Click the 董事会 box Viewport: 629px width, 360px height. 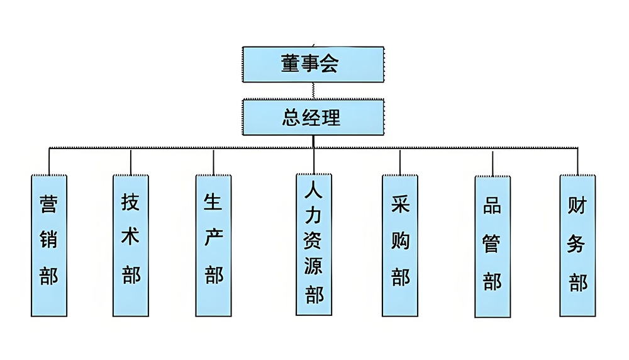coord(313,64)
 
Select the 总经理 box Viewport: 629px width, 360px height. coord(313,117)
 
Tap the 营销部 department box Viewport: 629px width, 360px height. coord(49,245)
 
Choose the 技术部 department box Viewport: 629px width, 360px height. coord(131,245)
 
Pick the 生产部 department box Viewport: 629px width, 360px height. coord(213,245)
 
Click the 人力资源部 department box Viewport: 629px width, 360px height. coord(314,244)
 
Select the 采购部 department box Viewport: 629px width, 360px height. coord(400,245)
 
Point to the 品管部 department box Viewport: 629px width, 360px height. coord(493,247)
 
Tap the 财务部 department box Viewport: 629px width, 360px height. coord(577,245)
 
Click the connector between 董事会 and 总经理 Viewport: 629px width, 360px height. coord(313,91)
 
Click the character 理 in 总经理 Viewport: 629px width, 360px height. coord(331,118)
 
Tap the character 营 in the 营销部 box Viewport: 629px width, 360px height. coord(48,204)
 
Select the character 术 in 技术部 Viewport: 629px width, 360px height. coord(130,236)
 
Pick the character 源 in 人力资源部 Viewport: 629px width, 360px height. coord(313,266)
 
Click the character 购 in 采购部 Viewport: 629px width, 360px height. coord(400,240)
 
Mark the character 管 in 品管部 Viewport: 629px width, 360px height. coord(492,244)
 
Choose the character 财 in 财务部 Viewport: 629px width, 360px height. coord(577,205)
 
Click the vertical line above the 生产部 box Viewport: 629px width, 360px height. coord(213,162)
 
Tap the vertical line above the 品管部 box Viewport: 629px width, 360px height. coord(493,163)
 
